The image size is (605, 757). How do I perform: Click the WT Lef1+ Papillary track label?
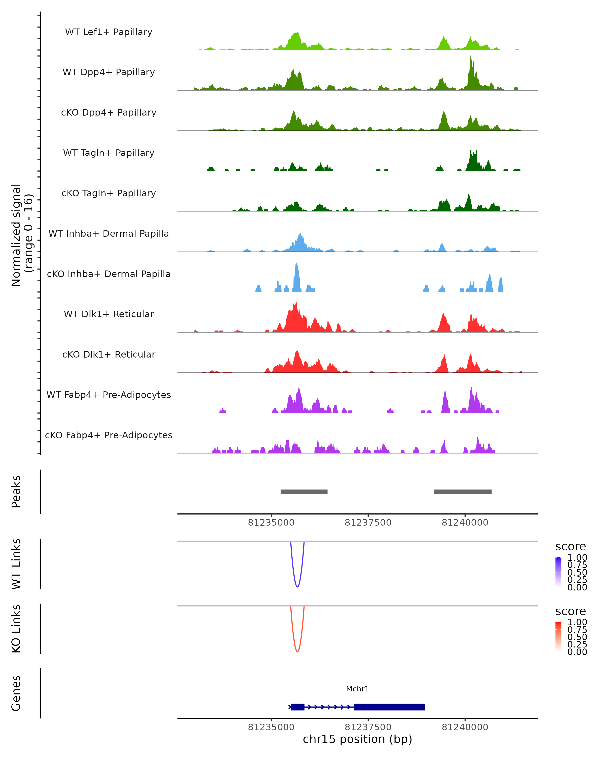(109, 32)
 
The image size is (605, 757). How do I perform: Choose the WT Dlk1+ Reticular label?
(109, 314)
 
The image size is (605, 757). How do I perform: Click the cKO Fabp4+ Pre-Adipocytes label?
(109, 435)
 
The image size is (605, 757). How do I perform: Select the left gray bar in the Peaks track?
(304, 492)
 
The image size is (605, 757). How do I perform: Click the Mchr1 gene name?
(357, 689)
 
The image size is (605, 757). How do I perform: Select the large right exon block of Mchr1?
(389, 707)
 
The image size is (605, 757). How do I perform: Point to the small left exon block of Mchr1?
(297, 707)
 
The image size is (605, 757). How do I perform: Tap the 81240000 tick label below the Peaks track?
(465, 523)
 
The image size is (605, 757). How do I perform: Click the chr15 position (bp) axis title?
(357, 739)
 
